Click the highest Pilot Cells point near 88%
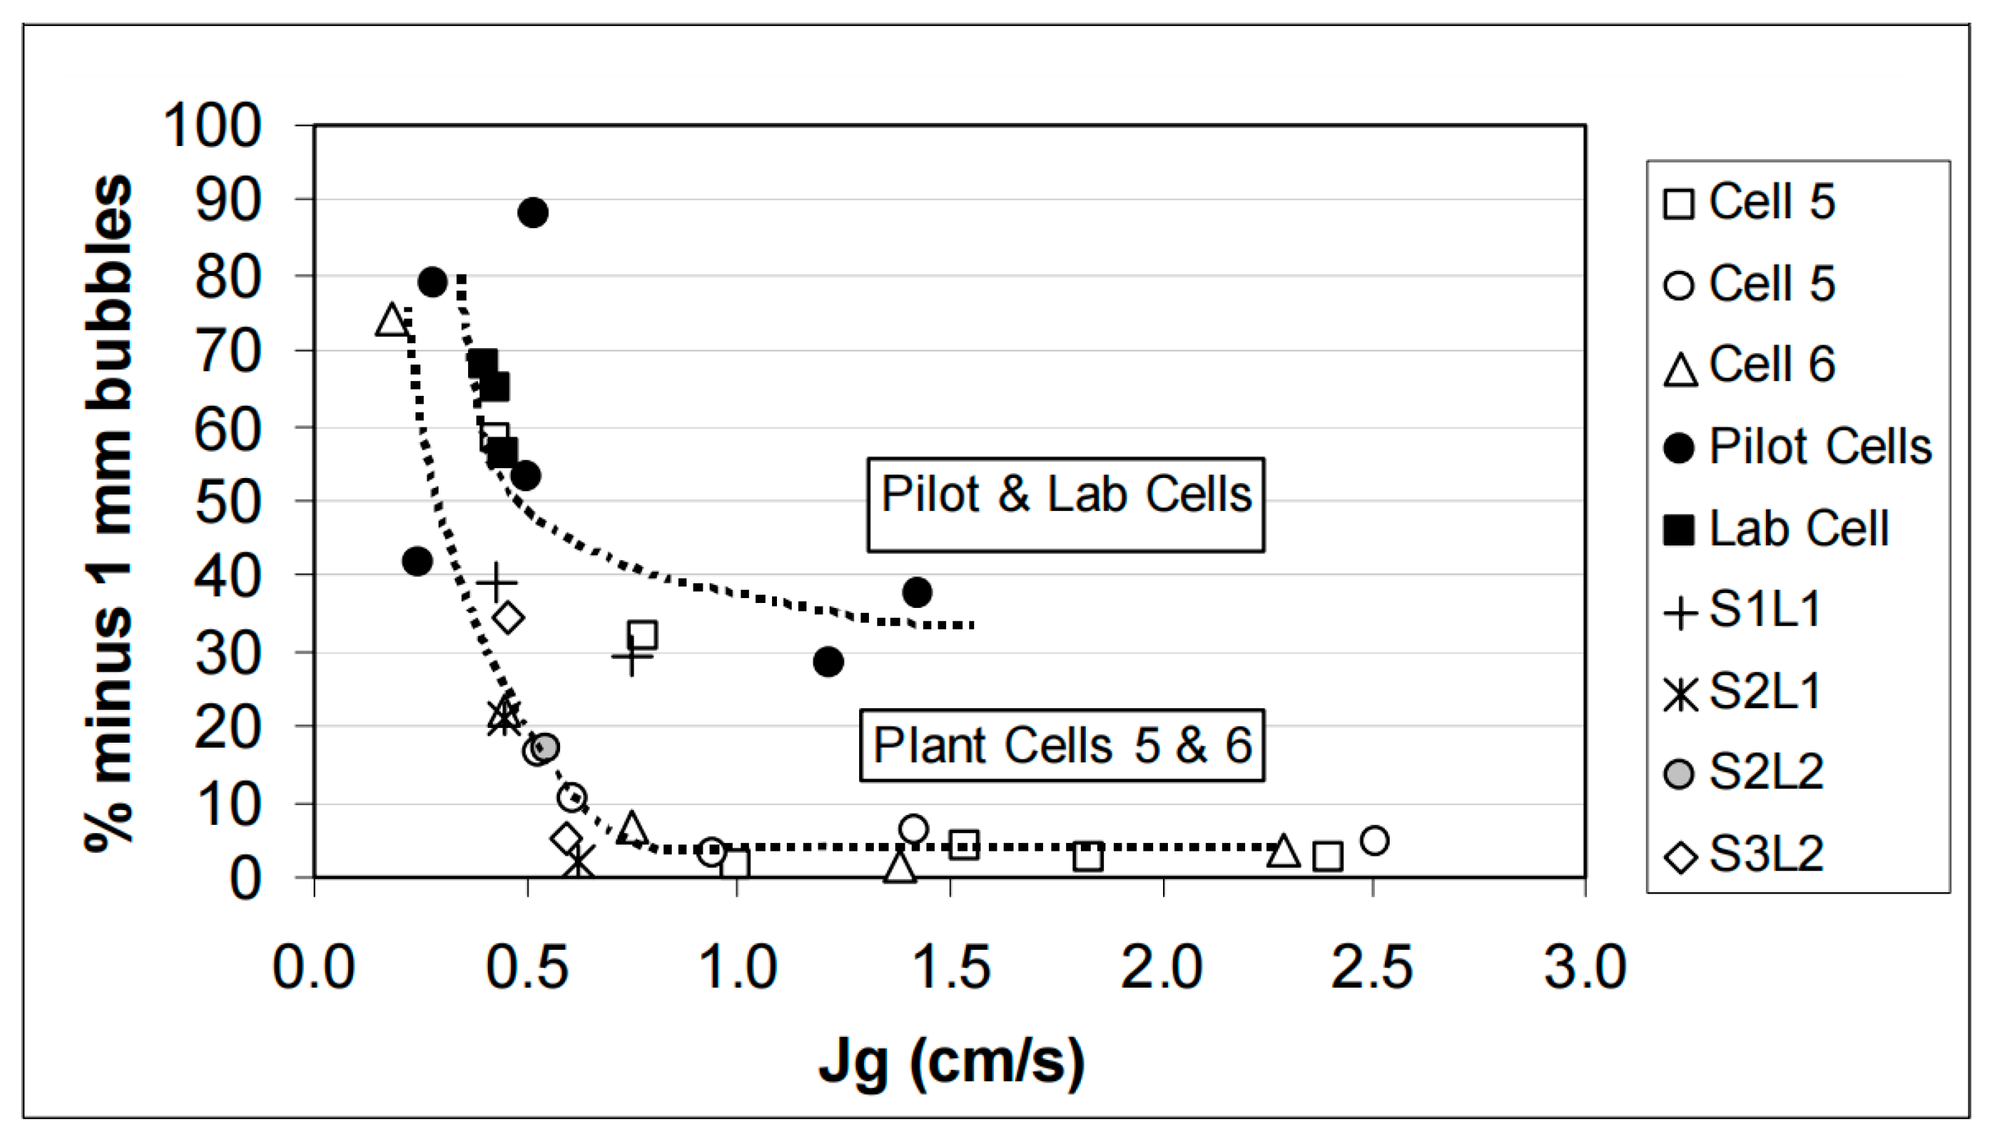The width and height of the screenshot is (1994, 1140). pyautogui.click(x=532, y=212)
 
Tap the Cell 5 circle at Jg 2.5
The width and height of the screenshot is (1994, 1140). pyautogui.click(x=1375, y=840)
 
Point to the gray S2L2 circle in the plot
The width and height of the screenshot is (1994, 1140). pyautogui.click(x=545, y=747)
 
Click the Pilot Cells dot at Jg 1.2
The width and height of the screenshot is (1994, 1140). pyautogui.click(x=827, y=661)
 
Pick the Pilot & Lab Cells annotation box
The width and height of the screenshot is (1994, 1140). pyautogui.click(x=1065, y=504)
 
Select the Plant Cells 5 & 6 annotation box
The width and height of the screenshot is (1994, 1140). pyautogui.click(x=1062, y=745)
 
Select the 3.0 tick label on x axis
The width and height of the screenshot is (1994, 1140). pyautogui.click(x=1585, y=968)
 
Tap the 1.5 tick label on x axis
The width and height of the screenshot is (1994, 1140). pyautogui.click(x=950, y=968)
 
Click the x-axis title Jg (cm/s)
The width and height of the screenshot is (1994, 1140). pyautogui.click(x=951, y=1063)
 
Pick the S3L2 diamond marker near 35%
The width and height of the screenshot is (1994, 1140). pyautogui.click(x=509, y=618)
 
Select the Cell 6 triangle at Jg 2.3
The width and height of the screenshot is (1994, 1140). pyautogui.click(x=1283, y=851)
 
